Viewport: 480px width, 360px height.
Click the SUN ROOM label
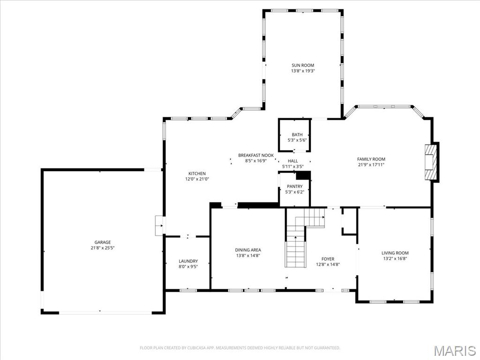tap(302, 65)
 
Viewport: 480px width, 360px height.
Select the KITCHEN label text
tap(197, 173)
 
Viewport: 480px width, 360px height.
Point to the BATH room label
tap(297, 135)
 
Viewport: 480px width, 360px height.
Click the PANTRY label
tap(294, 187)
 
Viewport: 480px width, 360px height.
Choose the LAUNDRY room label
tap(188, 261)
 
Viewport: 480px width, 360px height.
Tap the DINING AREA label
tap(248, 250)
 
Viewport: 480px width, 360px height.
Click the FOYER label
tap(328, 259)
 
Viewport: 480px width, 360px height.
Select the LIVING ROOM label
tap(395, 253)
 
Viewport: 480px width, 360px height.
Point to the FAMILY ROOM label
tap(371, 159)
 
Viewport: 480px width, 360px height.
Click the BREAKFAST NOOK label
tap(255, 155)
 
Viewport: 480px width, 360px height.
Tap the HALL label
tap(292, 161)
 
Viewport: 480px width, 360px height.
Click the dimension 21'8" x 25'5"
tap(103, 248)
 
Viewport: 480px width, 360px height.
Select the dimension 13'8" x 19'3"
tap(302, 71)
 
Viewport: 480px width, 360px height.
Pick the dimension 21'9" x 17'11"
tap(371, 165)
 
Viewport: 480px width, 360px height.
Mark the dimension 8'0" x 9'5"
tap(188, 267)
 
